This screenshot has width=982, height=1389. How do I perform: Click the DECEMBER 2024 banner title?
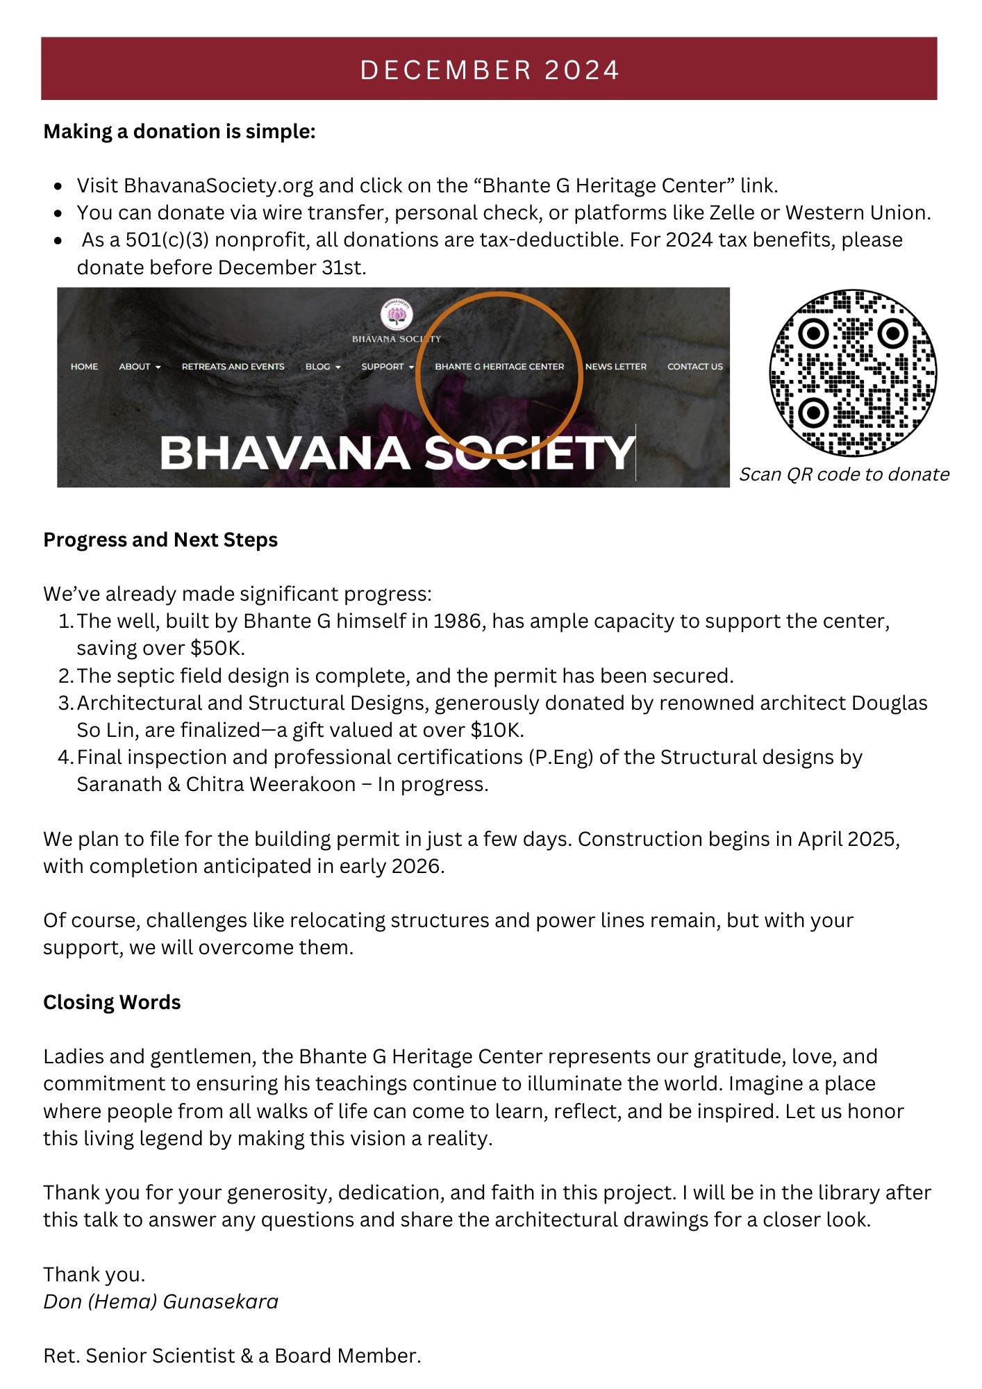490,70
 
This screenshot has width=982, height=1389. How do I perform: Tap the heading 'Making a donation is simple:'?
179,131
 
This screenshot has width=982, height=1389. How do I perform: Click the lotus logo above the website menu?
397,316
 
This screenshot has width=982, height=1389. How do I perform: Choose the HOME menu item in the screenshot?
84,367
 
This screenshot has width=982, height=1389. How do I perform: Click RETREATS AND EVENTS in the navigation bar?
233,367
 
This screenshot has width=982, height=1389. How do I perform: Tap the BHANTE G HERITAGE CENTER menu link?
499,367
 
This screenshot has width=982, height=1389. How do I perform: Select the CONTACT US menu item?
694,367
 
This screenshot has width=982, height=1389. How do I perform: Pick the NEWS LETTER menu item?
615,367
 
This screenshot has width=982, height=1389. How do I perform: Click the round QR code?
852,373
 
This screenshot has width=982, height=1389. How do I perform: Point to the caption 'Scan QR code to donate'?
844,474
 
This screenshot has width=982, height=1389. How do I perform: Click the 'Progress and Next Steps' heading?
160,540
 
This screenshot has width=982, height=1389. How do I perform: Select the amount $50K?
217,648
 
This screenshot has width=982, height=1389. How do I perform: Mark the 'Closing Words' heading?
112,1002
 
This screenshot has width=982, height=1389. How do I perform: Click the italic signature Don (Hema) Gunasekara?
160,1301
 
